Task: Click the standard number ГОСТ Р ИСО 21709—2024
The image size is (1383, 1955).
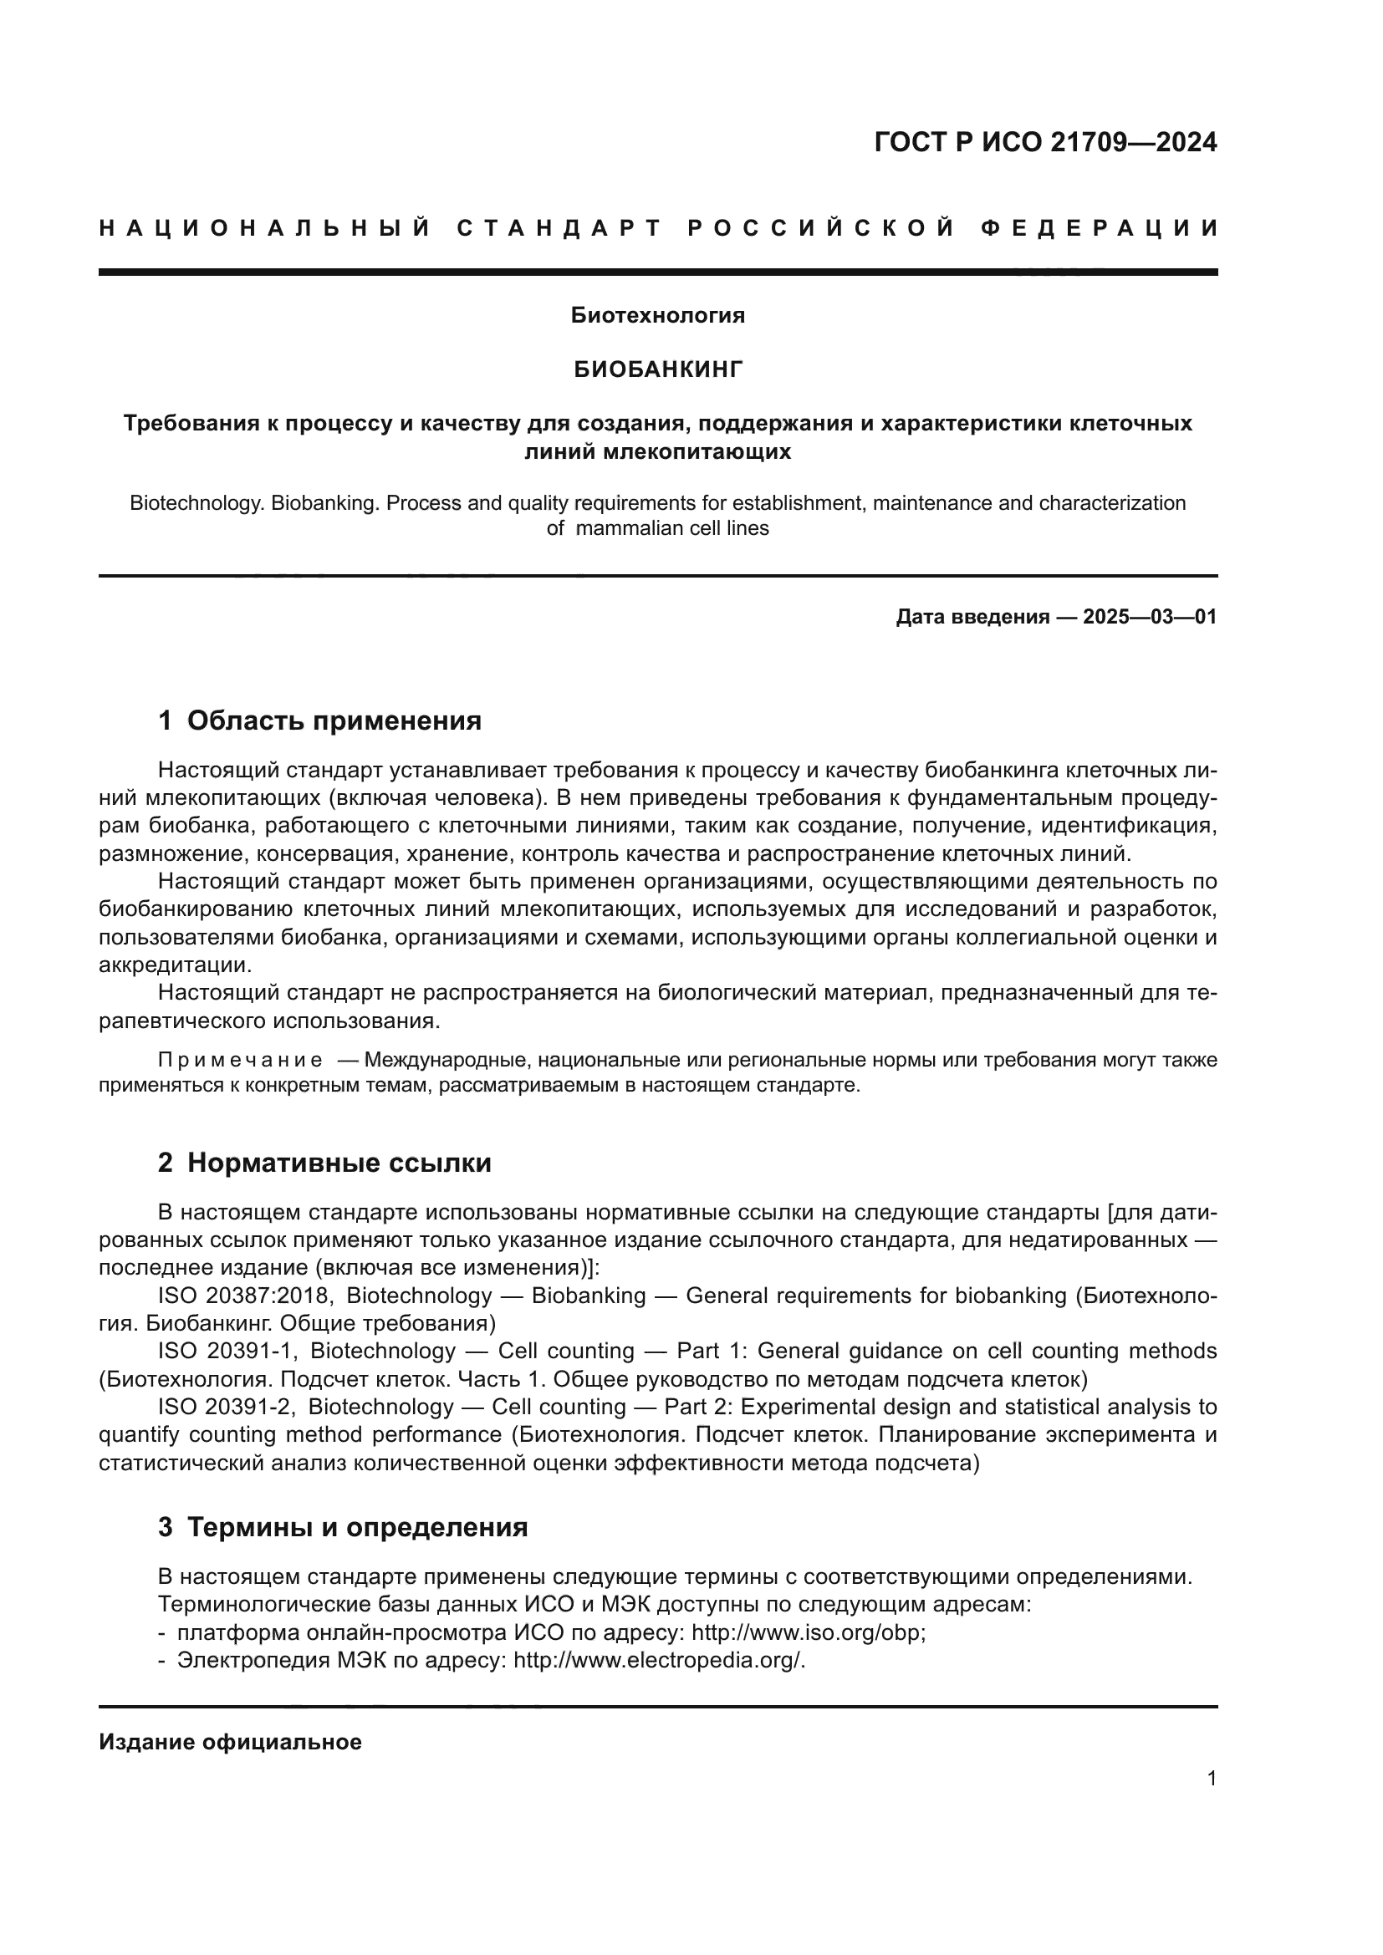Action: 1045,142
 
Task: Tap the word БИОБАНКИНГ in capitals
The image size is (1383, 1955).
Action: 657,369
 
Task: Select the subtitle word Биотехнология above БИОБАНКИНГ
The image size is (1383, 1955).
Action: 657,315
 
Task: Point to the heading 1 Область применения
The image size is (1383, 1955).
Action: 319,720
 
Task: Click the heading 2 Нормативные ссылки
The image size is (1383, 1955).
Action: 324,1163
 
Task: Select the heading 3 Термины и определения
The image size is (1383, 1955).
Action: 342,1527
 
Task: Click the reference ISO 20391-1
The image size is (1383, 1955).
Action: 227,1352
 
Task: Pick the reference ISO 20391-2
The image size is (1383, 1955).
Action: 227,1407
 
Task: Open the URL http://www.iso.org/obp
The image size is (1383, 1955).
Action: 808,1632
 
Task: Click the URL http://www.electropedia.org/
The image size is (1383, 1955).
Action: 658,1661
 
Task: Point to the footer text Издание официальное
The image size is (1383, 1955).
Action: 230,1741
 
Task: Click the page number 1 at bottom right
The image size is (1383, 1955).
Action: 1211,1778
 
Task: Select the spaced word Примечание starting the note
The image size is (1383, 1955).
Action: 240,1060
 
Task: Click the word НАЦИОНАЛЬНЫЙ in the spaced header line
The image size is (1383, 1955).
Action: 265,228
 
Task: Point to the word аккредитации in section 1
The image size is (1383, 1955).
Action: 175,965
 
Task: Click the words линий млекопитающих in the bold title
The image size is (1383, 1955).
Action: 657,451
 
